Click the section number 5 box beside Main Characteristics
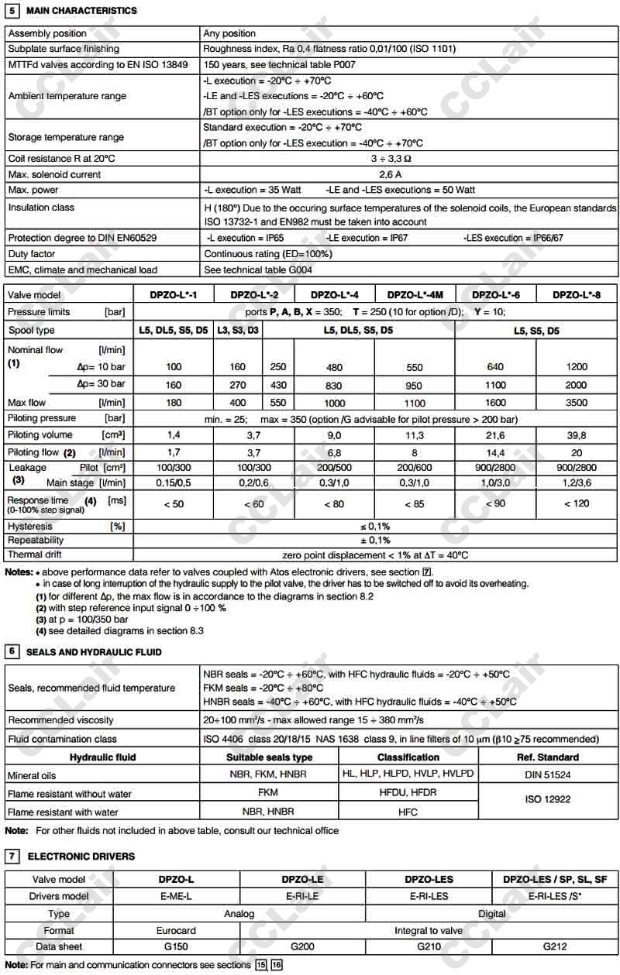(x=12, y=11)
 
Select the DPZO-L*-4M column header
(x=416, y=294)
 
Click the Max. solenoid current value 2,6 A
(x=408, y=174)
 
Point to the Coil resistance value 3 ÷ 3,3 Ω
(x=408, y=158)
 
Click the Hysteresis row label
(x=30, y=526)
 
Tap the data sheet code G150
(x=176, y=946)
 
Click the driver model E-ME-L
(x=176, y=896)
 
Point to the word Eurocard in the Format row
(x=176, y=930)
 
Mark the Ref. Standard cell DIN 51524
(x=548, y=774)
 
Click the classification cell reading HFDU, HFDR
(x=408, y=793)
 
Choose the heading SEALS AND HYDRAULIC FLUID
(x=94, y=652)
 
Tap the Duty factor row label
(x=33, y=253)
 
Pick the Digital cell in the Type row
(x=491, y=914)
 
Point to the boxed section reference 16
(x=277, y=965)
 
